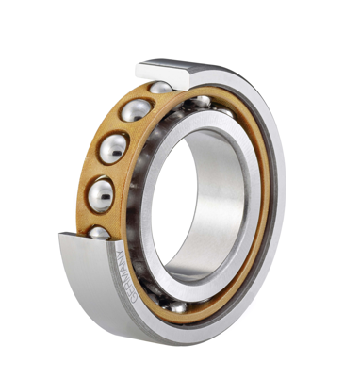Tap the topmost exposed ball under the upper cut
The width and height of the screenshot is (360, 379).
click(x=161, y=88)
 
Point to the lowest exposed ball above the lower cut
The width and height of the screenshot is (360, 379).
click(x=99, y=232)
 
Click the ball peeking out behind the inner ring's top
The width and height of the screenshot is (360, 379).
click(x=202, y=100)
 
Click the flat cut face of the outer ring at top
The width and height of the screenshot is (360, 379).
click(x=170, y=70)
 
